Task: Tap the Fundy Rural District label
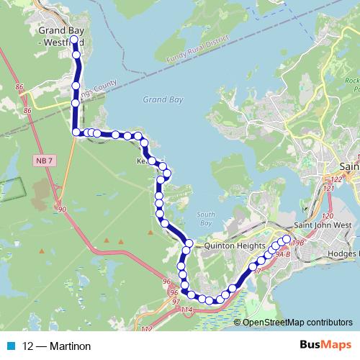pos(196,51)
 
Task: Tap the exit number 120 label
pos(328,216)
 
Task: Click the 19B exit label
pos(299,243)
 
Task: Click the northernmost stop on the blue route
pos(74,40)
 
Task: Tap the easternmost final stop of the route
pos(286,240)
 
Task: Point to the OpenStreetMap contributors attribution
pos(297,323)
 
